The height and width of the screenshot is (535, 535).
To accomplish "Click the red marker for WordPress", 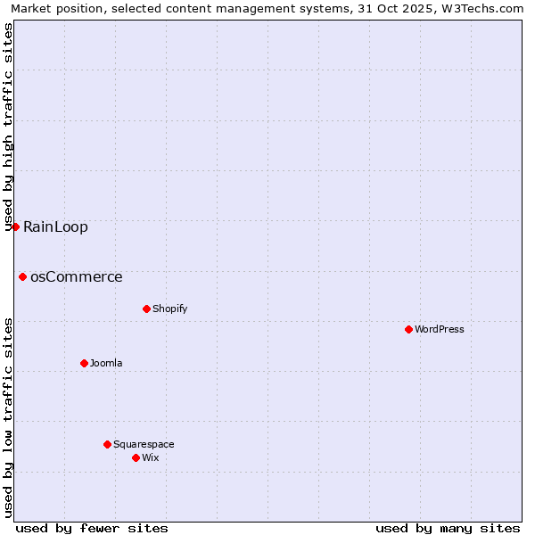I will [408, 329].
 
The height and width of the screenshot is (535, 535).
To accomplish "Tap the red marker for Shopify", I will [146, 309].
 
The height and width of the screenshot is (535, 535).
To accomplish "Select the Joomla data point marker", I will [84, 363].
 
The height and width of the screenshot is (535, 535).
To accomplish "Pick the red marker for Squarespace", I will [107, 444].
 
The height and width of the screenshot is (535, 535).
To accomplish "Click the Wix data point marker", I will [136, 457].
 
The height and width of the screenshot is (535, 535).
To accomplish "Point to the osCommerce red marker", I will [22, 276].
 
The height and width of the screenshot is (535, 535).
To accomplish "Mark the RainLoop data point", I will [15, 226].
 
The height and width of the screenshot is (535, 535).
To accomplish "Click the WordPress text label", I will [440, 329].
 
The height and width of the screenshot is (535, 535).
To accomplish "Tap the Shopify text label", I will [169, 309].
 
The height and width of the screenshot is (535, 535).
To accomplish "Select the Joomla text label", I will [106, 363].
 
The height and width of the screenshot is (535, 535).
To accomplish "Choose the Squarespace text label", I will [144, 444].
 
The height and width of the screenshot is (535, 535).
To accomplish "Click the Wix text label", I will [150, 457].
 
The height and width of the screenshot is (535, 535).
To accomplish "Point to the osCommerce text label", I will [77, 276].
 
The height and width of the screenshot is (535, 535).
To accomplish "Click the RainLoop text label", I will [55, 226].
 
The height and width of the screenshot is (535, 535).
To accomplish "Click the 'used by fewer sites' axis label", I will [92, 528].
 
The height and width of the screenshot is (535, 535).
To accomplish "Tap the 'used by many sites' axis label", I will [448, 528].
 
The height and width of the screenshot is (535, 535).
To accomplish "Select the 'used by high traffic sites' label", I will [8, 127].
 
